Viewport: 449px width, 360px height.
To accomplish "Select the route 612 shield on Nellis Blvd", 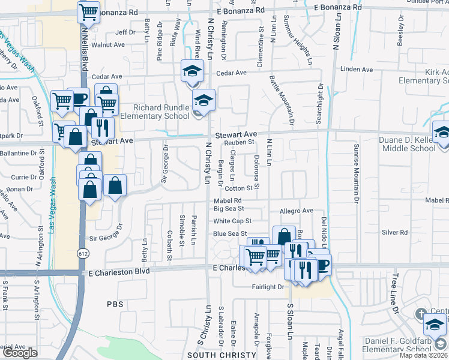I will (82, 254).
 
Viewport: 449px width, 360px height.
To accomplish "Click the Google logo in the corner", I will (20, 353).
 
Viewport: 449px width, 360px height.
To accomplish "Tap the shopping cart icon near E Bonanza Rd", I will (89, 11).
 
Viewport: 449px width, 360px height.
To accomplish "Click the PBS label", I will (115, 304).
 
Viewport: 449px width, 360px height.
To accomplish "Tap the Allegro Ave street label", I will (297, 211).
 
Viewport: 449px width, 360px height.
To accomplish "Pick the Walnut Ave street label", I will (108, 44).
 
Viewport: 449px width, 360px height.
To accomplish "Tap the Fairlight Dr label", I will (267, 287).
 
